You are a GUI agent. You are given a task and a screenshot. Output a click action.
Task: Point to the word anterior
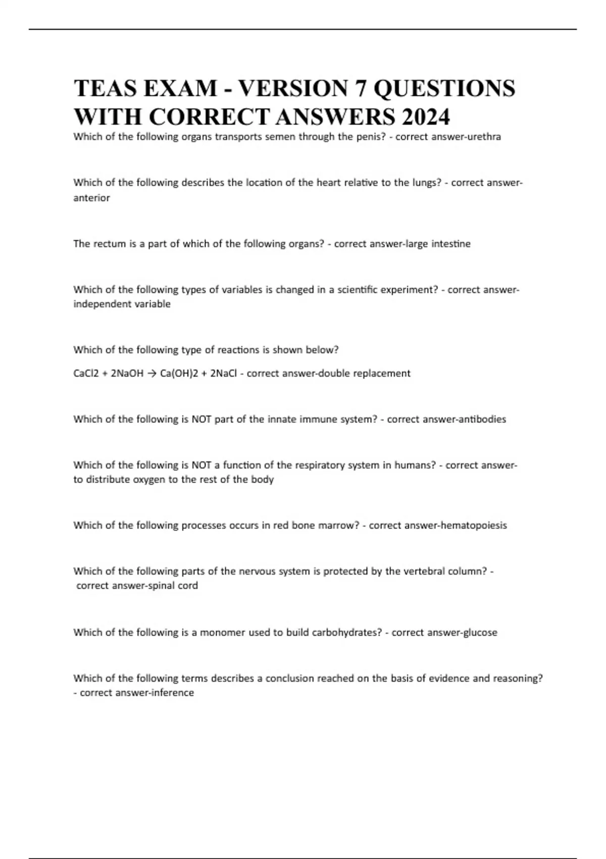tap(91, 198)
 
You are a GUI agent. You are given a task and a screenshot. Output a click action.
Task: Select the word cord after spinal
tap(187, 586)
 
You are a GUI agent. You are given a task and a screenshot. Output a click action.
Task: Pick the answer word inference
tap(170, 693)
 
